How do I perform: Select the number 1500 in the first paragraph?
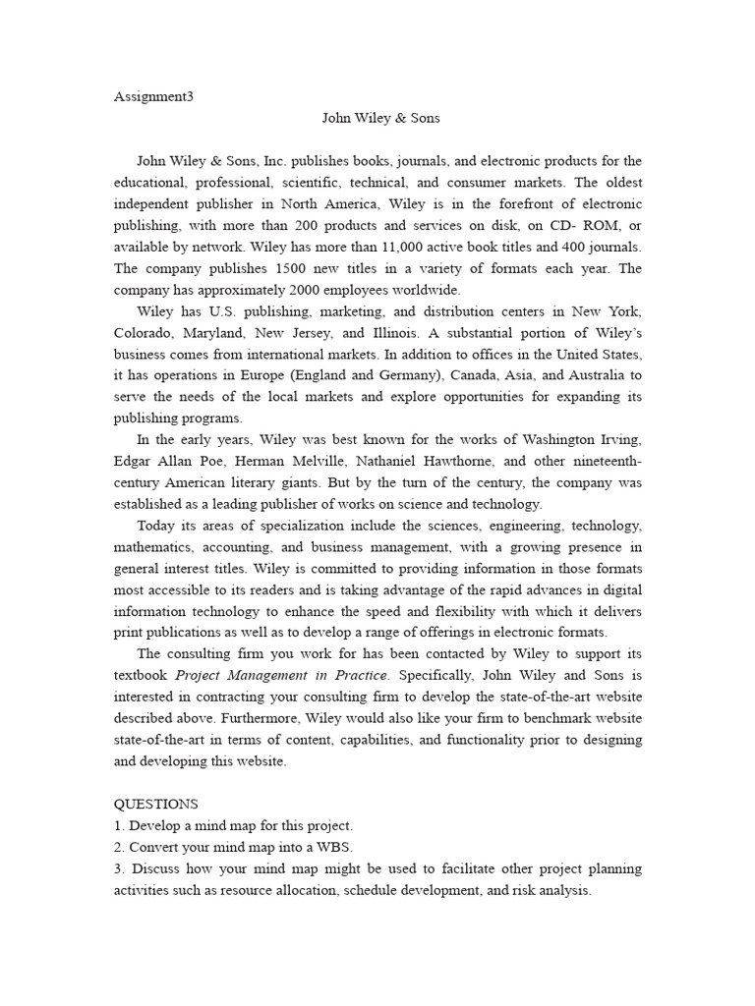point(287,268)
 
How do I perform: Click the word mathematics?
point(153,547)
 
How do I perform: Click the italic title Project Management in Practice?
point(282,675)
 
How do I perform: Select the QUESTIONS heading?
point(155,804)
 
